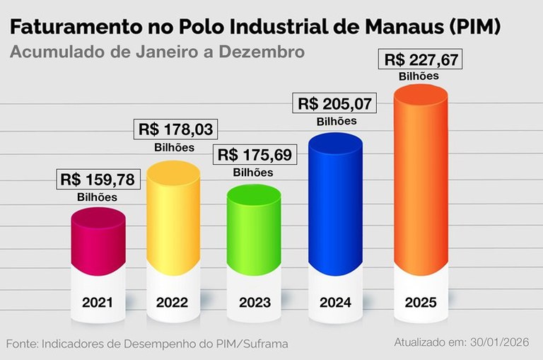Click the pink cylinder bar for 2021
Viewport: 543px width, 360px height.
coord(99,240)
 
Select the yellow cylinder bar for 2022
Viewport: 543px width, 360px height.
coord(173,212)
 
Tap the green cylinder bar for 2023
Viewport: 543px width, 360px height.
coord(253,226)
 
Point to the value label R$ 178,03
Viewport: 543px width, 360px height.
coord(175,130)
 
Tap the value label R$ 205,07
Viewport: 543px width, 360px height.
coord(336,104)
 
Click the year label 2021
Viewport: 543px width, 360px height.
coord(98,303)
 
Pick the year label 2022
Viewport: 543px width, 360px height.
coord(173,303)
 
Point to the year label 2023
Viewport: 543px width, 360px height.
coord(255,303)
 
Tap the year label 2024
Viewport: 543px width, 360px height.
coord(337,303)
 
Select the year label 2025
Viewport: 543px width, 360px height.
coord(421,303)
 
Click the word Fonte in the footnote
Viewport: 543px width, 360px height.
coord(25,344)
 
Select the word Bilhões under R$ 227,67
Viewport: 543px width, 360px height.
coord(419,76)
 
